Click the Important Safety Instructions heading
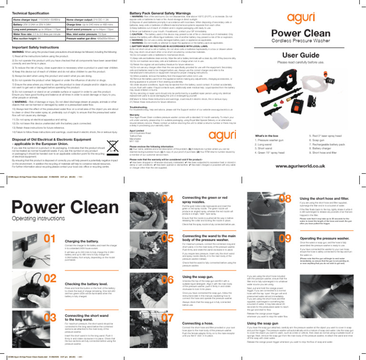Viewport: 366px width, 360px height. [36, 47]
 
